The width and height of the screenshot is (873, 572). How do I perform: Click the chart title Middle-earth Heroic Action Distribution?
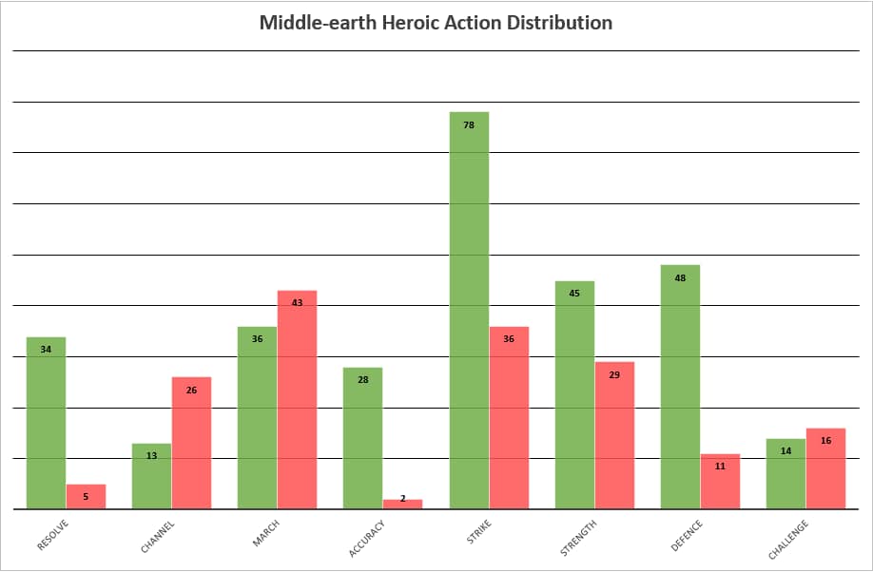click(436, 22)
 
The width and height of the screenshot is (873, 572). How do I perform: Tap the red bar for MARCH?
click(297, 399)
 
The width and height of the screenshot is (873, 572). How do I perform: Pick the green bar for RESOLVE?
click(46, 423)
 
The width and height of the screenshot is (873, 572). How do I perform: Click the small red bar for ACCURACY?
click(402, 504)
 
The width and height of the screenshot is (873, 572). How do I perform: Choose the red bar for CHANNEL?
click(191, 443)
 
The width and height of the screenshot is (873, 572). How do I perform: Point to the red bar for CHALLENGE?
click(825, 468)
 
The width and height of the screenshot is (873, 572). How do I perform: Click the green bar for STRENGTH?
click(574, 395)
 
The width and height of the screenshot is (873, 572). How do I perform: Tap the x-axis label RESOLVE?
click(52, 535)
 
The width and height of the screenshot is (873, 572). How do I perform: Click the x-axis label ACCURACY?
click(366, 538)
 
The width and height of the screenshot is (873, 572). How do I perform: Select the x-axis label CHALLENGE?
click(787, 540)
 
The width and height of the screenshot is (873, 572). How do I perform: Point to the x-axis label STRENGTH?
click(578, 537)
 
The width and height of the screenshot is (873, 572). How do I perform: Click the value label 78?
click(469, 124)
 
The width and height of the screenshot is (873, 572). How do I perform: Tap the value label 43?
click(297, 302)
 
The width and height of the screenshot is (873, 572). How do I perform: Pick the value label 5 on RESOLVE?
click(86, 496)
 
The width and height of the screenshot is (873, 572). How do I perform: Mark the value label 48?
click(680, 277)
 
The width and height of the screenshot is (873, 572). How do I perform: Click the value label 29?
click(614, 374)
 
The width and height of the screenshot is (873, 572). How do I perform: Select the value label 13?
click(151, 456)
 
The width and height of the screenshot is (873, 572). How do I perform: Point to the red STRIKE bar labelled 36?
click(509, 418)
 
